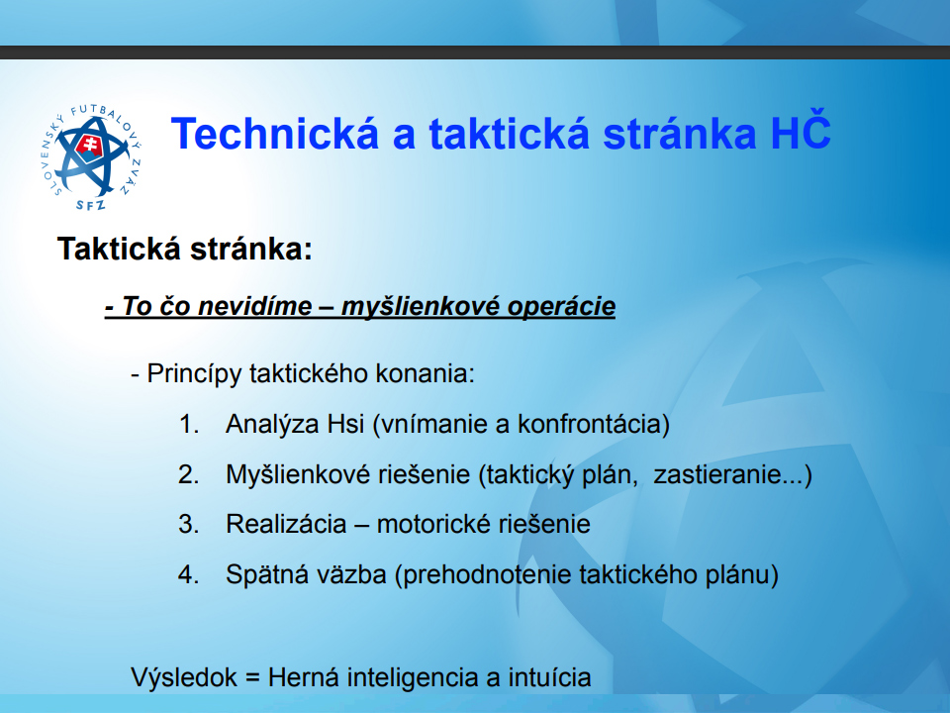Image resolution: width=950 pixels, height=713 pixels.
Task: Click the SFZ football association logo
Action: (x=91, y=157)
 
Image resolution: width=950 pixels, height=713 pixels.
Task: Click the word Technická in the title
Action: (x=275, y=134)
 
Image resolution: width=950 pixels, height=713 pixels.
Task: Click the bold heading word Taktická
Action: (x=119, y=249)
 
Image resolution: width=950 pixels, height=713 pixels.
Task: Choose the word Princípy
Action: (x=194, y=374)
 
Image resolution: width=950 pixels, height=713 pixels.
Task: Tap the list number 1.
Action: (x=189, y=424)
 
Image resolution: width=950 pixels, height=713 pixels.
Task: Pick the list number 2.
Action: (x=189, y=474)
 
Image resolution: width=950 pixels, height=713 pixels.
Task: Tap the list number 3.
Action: (x=189, y=525)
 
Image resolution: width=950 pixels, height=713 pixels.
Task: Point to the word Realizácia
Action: (x=286, y=525)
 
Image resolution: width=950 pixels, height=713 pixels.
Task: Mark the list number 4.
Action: (x=189, y=574)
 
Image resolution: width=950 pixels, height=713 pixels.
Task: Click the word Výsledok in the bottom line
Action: (x=184, y=677)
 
